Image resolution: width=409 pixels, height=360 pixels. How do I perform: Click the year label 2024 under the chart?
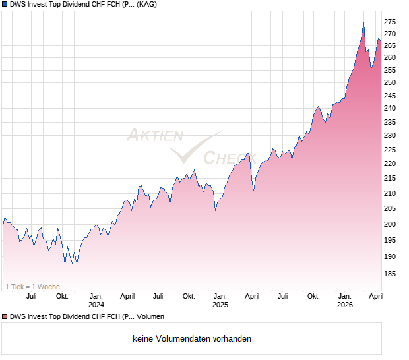coord(96,305)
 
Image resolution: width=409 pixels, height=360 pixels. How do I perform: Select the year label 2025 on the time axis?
coord(220,305)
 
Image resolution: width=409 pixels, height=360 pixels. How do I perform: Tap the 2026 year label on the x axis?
coord(344,305)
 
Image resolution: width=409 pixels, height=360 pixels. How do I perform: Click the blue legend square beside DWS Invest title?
coord(5,5)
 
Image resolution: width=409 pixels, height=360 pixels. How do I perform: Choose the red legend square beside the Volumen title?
coord(5,317)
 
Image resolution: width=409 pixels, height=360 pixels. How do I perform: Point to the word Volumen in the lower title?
coord(150,317)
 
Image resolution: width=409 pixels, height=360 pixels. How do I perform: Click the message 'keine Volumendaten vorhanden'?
coord(192,339)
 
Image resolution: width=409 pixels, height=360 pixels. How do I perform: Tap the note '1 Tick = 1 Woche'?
coord(32,287)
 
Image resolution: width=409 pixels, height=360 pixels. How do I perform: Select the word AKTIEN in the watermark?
coord(154,136)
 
